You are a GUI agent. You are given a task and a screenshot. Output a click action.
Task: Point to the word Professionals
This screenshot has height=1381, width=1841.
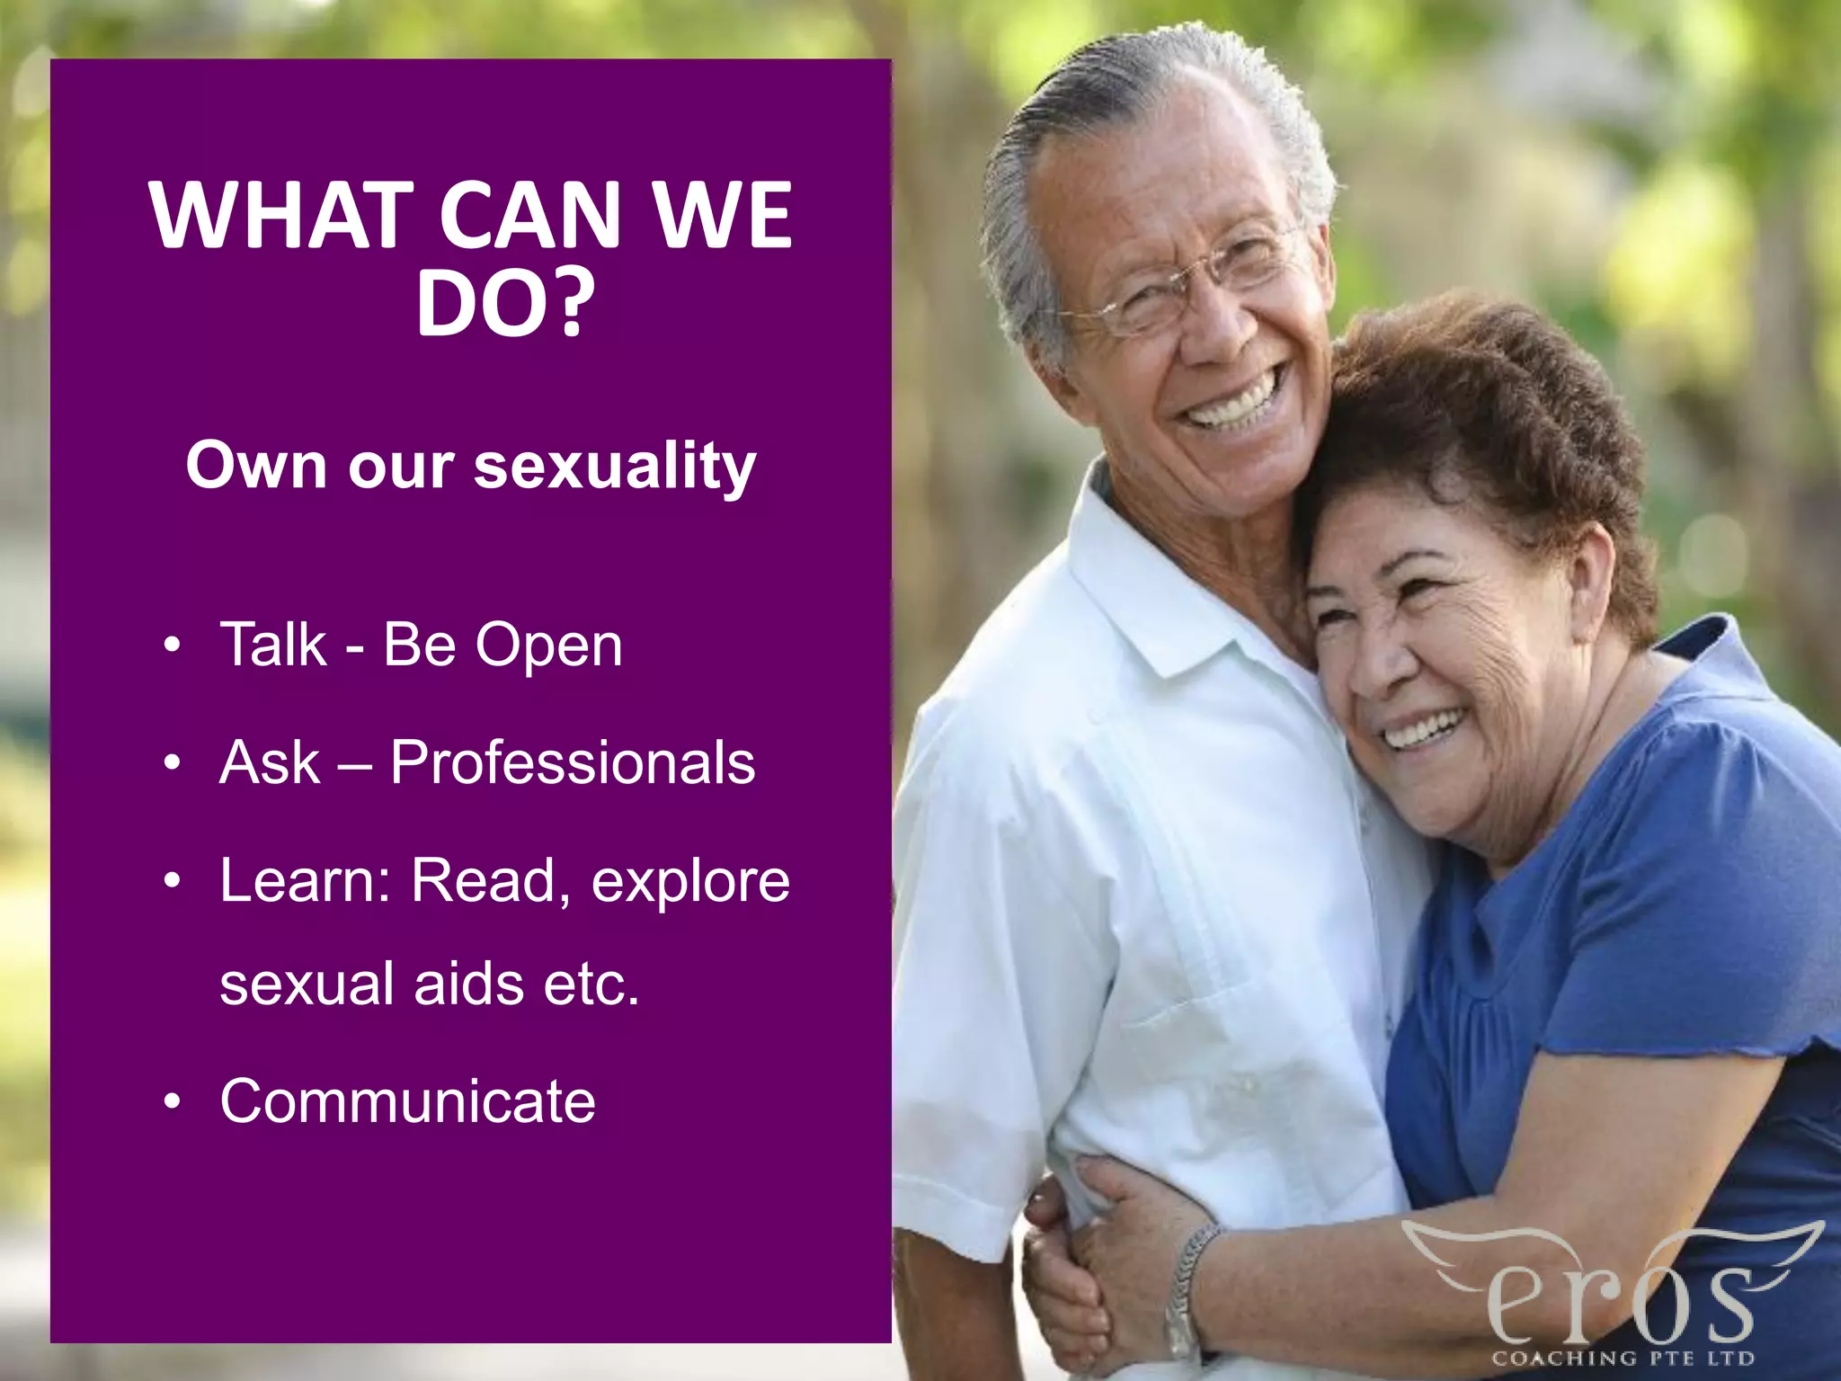point(573,762)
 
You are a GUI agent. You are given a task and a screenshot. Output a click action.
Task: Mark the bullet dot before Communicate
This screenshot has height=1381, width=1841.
point(173,1102)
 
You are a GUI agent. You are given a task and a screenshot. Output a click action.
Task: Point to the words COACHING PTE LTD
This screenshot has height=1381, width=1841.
point(1623,1358)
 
